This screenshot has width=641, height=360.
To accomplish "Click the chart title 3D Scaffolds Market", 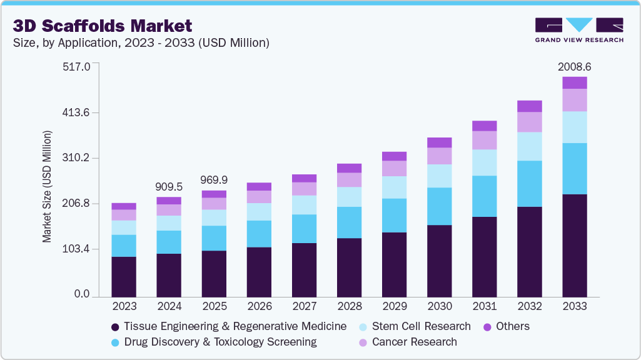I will [102, 26].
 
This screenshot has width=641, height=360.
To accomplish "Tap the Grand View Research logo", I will [578, 30].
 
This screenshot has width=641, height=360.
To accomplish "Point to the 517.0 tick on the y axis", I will [78, 66].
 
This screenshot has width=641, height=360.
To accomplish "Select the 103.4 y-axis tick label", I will [78, 249].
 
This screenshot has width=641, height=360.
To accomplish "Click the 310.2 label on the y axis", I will [78, 158].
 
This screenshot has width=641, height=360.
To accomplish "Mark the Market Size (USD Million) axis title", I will [47, 186].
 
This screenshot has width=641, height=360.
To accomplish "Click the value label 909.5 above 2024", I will [169, 186].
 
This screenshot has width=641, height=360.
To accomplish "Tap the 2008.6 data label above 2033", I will [574, 66].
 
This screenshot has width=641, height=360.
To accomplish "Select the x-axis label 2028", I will [350, 306].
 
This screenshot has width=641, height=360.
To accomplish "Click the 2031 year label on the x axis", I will [485, 306].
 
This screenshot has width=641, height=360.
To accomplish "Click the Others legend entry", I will [507, 326].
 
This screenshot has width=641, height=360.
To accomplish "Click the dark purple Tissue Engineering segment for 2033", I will [574, 246].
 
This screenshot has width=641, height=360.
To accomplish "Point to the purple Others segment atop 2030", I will [440, 142].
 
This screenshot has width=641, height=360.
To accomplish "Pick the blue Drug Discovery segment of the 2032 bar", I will [529, 184].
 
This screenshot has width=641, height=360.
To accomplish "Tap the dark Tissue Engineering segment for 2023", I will [124, 276].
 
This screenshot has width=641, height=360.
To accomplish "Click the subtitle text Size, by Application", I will [141, 43].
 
